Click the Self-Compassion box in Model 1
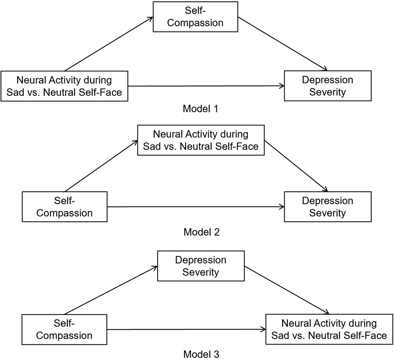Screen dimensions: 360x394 195,17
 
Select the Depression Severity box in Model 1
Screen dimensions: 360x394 327,86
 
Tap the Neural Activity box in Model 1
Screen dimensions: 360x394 64,86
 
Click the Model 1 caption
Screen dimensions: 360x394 201,109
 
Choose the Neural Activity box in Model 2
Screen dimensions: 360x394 201,140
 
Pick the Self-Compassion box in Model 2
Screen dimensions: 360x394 64,207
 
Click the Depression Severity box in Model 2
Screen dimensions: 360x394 327,207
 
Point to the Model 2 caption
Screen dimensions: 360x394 201,232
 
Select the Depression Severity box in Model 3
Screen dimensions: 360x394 201,266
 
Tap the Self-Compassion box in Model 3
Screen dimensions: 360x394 64,329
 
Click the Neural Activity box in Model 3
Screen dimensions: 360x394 329,329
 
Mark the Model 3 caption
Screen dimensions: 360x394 201,354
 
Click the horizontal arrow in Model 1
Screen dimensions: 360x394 206,86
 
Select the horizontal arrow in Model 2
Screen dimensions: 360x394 196,207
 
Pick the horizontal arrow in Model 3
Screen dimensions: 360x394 186,329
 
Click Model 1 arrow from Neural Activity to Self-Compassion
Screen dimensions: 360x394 109,44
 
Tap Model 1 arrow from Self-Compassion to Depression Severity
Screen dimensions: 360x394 283,44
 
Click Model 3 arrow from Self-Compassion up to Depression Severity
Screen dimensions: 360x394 111,290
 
